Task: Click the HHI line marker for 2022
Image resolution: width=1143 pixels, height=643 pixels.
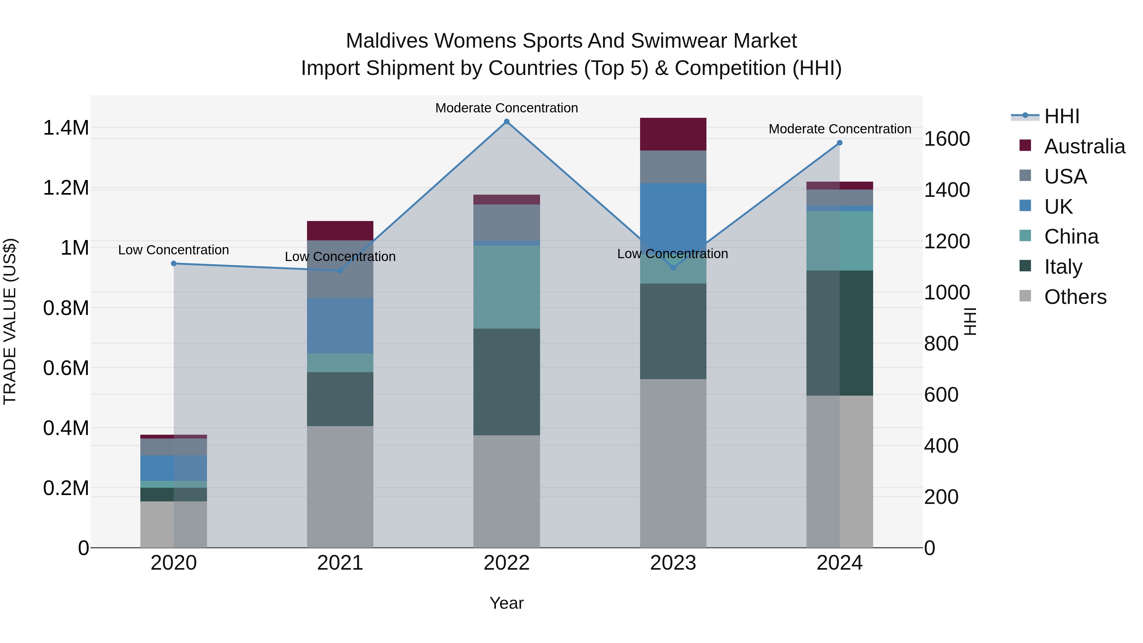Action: (x=506, y=122)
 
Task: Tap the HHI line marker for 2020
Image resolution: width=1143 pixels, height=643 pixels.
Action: (x=173, y=264)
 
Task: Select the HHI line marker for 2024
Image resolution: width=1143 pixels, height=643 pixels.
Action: (x=839, y=143)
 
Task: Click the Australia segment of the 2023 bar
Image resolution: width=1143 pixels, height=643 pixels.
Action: (x=673, y=134)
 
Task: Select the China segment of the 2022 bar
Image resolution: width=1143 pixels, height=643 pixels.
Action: (x=506, y=287)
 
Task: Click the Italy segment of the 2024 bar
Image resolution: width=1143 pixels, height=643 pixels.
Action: (x=839, y=333)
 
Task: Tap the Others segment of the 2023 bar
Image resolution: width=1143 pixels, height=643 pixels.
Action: (x=673, y=463)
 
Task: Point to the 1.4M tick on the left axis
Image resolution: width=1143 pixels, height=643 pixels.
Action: (x=66, y=128)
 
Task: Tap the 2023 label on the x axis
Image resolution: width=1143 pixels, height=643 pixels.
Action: (x=673, y=563)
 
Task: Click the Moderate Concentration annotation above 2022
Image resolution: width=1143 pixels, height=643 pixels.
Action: (x=506, y=108)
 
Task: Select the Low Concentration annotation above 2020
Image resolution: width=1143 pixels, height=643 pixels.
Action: (x=173, y=250)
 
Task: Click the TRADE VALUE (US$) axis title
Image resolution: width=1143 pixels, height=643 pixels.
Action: (x=10, y=321)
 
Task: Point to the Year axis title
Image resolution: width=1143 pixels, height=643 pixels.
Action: (x=506, y=603)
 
